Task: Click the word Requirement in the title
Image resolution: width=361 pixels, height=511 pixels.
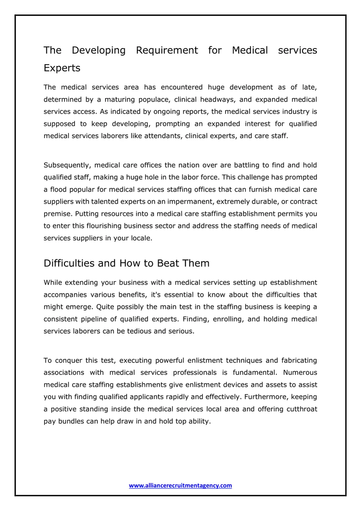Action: [167, 50]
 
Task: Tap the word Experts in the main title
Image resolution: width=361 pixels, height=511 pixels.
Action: [62, 68]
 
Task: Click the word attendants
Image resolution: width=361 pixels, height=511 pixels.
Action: [163, 136]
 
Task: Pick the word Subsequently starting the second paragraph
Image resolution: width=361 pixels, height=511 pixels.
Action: [67, 165]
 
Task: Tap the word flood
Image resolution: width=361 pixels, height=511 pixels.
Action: [59, 190]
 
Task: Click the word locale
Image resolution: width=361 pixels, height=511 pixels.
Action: [141, 238]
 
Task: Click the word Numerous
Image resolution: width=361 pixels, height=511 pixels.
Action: [300, 373]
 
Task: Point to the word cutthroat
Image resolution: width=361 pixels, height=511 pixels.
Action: [302, 409]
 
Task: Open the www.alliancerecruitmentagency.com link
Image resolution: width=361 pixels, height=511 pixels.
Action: [180, 486]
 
